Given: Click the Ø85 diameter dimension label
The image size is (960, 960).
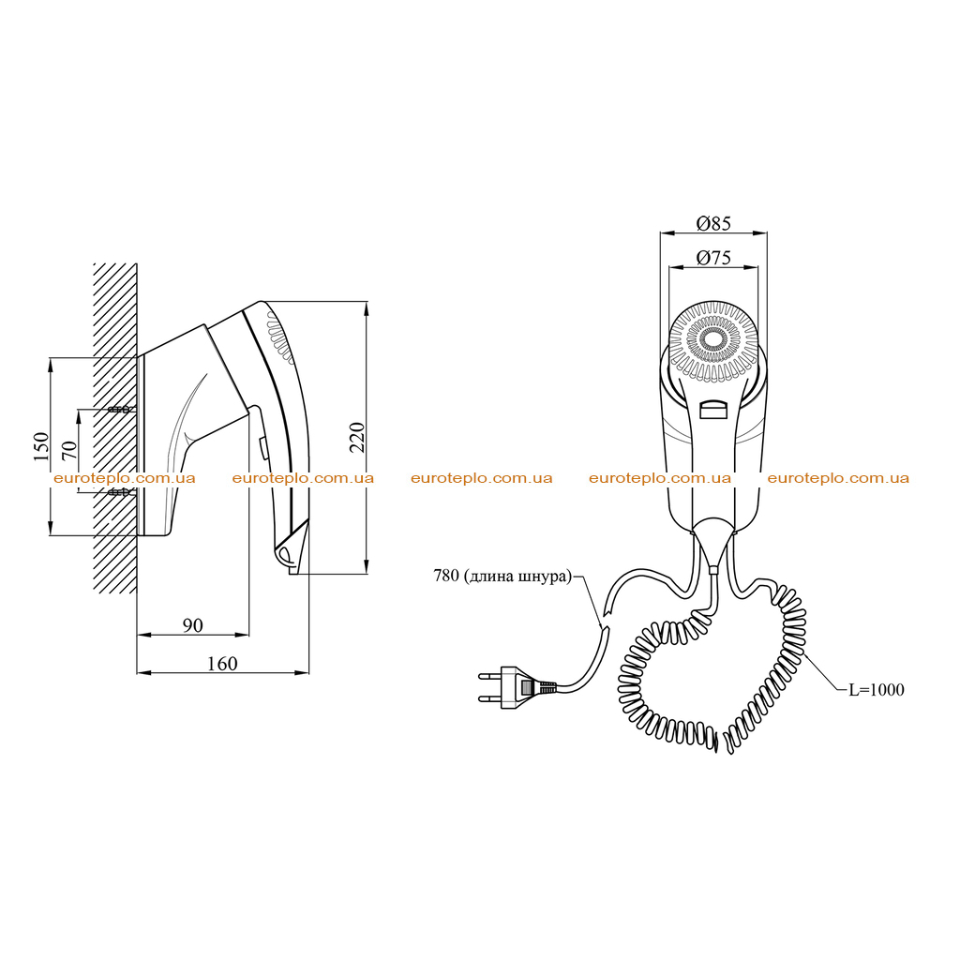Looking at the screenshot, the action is pos(713,223).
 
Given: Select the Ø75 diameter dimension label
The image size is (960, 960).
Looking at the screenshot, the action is pos(713,258).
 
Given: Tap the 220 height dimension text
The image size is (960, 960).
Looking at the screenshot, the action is pos(357,437).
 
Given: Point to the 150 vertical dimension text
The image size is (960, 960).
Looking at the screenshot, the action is pos(40,446).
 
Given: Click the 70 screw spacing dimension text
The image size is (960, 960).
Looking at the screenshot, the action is pos(69,451).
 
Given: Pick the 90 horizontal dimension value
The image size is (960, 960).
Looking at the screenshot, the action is pos(193,625).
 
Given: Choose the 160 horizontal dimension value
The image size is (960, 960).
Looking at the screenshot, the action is pos(222,664).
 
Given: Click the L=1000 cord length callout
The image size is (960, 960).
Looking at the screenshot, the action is pos(877,689).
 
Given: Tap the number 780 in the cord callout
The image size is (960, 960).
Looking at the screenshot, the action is pos(446,576).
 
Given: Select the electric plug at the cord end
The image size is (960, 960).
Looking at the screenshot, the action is pos(517,687).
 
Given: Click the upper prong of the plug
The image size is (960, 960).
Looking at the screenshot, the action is pos(489,677).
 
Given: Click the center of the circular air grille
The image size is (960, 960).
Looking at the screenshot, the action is pos(713,339).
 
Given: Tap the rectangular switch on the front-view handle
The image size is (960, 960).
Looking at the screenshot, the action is pos(713,410).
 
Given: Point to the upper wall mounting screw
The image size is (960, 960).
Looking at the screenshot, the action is pos(119,410).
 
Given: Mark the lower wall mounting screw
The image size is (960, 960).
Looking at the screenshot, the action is pos(119,491).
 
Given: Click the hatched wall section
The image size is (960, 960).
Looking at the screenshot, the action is pos(115,427).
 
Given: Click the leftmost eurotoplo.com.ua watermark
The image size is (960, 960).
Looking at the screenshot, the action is pos(125,478).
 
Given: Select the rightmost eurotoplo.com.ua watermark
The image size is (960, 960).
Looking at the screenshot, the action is pos(838,478).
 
